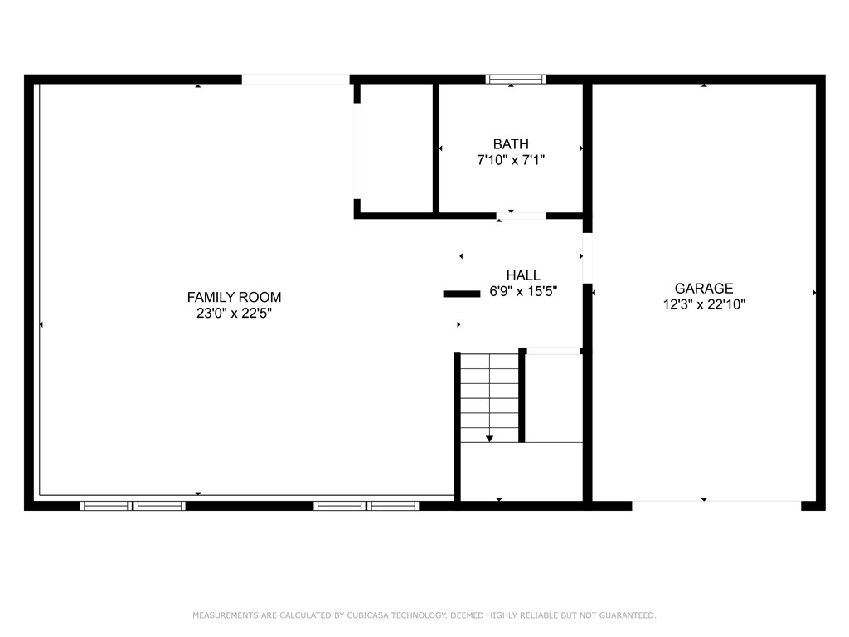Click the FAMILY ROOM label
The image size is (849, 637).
[x=234, y=297]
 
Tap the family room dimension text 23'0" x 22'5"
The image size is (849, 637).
[x=234, y=314]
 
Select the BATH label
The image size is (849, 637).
[x=510, y=144]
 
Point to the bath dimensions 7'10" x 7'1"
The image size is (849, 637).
[x=510, y=160]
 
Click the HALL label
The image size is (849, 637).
[x=523, y=275]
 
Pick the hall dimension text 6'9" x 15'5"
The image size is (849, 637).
[x=523, y=291]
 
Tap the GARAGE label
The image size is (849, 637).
[x=703, y=289]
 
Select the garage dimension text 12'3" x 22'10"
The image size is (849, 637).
[x=703, y=304]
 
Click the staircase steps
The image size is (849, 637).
[x=489, y=394]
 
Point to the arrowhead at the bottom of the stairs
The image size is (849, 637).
[x=489, y=438]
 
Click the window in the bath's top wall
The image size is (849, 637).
[x=515, y=80]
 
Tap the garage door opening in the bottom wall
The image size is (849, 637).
[x=716, y=505]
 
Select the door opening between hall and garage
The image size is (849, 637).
[x=587, y=258]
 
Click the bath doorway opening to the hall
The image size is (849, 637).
[x=521, y=216]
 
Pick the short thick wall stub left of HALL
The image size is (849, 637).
[x=462, y=294]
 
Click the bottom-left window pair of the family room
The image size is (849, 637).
[x=133, y=505]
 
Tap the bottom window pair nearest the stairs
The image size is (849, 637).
[x=366, y=505]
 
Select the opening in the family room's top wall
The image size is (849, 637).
[x=295, y=80]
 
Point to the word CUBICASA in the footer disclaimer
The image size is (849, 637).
[x=360, y=615]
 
